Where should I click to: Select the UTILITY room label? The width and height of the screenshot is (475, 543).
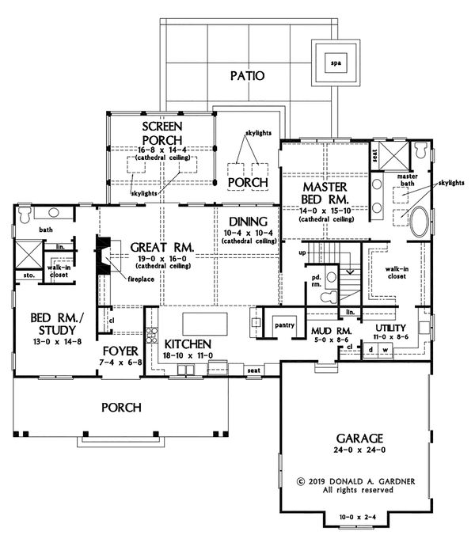click(x=391, y=327)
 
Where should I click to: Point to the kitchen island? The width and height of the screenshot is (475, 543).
click(x=205, y=324)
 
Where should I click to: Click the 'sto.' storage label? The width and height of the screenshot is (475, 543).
click(x=28, y=276)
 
